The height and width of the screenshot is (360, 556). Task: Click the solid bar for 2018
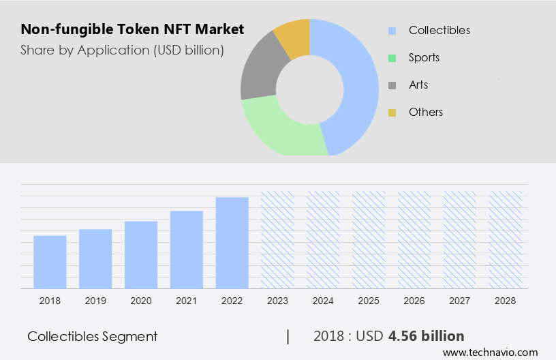pos(50,262)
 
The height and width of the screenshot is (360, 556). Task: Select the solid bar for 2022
pos(232,243)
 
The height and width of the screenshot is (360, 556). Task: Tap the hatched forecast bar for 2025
pos(369,239)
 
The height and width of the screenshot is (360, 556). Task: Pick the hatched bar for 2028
pos(506,239)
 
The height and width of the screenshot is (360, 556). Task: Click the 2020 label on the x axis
pos(141,301)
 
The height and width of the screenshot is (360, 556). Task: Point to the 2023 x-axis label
pos(278,301)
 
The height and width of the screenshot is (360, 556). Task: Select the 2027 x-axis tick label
pos(460,301)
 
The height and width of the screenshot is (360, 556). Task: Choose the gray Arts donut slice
pos(258,75)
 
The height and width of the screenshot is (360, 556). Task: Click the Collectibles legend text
pos(439,31)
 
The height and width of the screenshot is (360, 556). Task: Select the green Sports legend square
pos(392,58)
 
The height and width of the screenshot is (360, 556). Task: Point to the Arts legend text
pos(418,85)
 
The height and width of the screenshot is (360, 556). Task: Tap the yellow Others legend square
pos(392,112)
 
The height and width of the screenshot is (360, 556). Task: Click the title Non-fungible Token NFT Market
pos(132,30)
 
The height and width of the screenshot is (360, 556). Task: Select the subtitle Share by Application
pos(122,50)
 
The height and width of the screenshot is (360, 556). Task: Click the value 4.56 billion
pos(426,336)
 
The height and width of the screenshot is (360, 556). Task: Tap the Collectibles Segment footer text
pos(93,336)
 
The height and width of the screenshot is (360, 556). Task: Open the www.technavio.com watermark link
pos(490,352)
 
